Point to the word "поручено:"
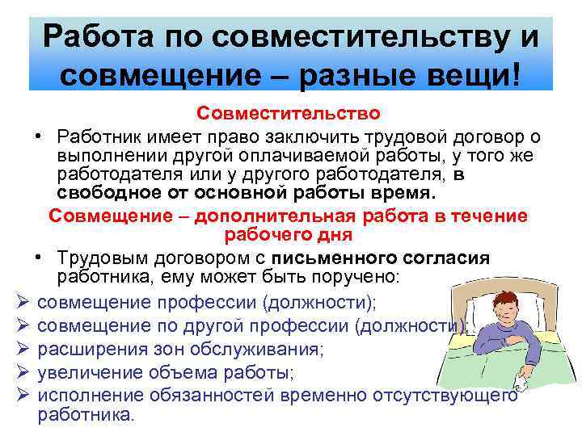(x=357, y=277)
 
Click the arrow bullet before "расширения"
(x=23, y=350)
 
